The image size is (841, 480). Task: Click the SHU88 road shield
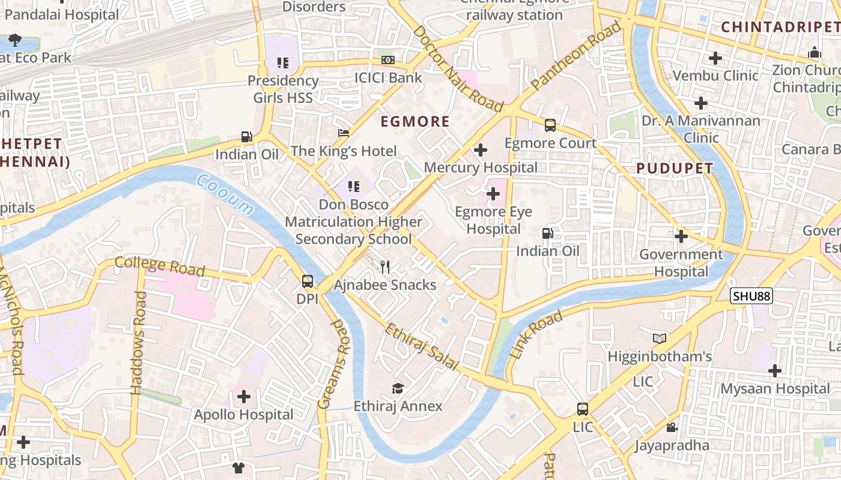[x=751, y=296]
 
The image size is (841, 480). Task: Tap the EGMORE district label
[x=415, y=122]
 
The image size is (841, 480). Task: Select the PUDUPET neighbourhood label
[x=675, y=169]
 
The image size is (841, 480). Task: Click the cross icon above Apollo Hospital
[x=244, y=396]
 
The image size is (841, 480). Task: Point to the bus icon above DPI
[x=307, y=281]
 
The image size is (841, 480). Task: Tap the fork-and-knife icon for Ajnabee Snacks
[x=385, y=266]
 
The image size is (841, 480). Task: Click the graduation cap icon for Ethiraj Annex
[x=398, y=388]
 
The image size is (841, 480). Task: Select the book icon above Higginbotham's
[x=660, y=338]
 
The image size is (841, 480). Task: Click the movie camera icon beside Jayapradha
[x=672, y=427]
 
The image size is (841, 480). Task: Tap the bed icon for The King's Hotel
[x=344, y=133]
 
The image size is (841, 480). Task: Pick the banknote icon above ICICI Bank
[x=388, y=60]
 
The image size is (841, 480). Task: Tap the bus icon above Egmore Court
[x=550, y=125]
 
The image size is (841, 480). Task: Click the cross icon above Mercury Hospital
[x=481, y=149]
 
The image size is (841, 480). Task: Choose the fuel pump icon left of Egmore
[x=246, y=137]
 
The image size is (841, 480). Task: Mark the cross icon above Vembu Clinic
[x=715, y=58]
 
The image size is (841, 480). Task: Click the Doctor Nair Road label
[x=458, y=68]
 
